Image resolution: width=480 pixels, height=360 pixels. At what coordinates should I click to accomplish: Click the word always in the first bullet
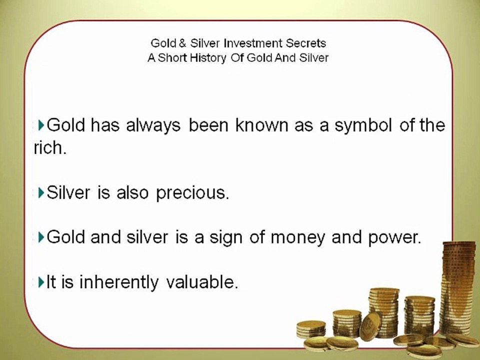tap(153, 125)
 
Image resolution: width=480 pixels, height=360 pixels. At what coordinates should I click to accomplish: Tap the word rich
tap(49, 149)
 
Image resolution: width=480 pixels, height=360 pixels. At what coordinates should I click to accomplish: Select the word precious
tap(192, 193)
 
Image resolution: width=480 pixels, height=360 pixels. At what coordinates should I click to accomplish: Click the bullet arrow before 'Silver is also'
tap(41, 192)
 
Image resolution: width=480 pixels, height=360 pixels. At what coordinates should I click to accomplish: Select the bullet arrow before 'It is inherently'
tap(41, 282)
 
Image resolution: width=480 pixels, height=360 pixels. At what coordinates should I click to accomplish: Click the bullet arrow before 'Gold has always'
tap(41, 125)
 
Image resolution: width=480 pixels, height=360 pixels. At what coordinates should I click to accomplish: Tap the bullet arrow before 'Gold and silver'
tap(41, 237)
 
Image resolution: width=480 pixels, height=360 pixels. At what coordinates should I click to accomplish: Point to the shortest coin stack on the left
tap(310, 329)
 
